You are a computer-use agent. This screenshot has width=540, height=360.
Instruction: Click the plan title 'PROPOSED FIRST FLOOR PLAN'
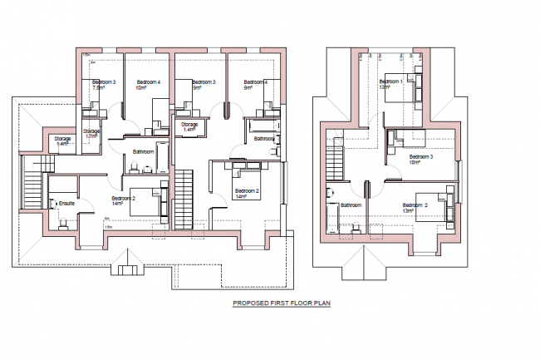pos(281,304)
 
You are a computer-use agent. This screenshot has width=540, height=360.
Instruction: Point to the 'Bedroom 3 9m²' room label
pos(203,85)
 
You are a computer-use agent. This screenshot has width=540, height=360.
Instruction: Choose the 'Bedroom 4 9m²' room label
pos(255,84)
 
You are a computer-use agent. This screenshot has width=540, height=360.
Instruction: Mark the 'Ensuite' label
pos(63,202)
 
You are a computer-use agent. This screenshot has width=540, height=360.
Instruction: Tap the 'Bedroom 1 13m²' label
pos(390,83)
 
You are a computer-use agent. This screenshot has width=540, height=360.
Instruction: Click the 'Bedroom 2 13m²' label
pos(415,208)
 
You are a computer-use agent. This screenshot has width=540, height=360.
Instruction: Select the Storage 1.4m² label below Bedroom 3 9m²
pos(192,127)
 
